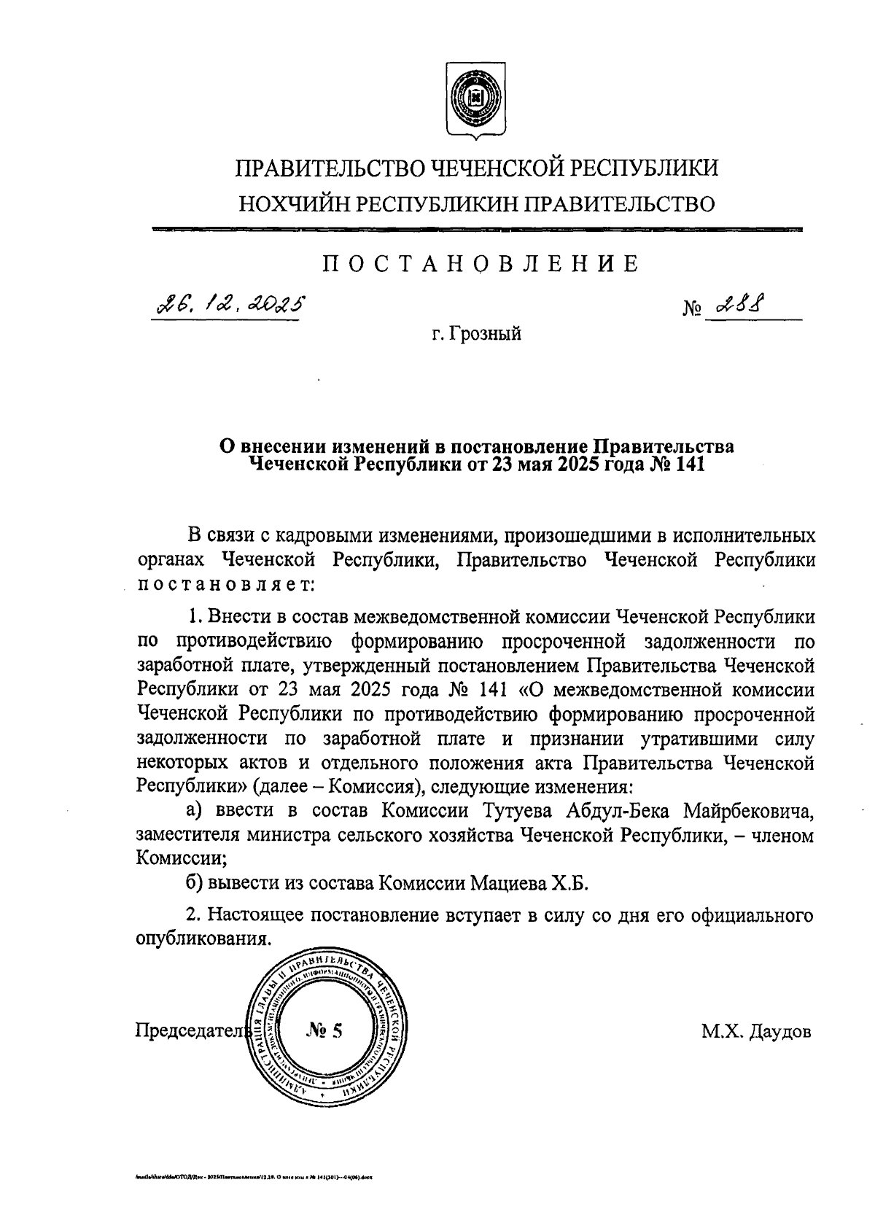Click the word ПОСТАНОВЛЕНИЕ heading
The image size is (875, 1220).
[481, 263]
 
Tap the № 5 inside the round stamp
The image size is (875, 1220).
[324, 1030]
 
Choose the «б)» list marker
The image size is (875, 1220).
[194, 884]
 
